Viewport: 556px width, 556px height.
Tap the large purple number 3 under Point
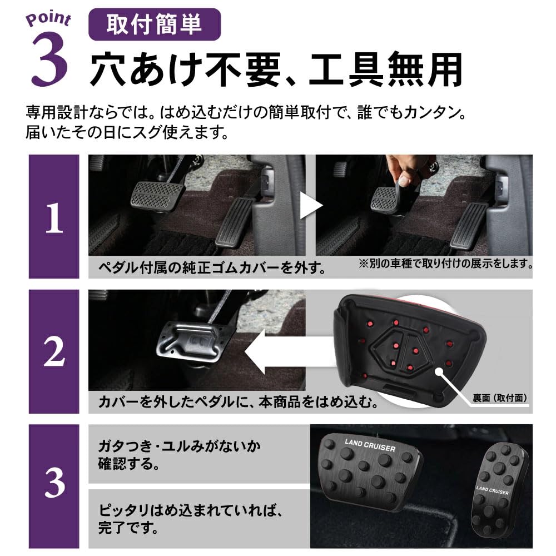click(x=49, y=60)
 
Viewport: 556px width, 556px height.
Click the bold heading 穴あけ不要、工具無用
click(x=276, y=69)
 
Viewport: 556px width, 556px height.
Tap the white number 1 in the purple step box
click(x=54, y=220)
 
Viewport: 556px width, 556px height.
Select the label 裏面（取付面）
click(x=499, y=398)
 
